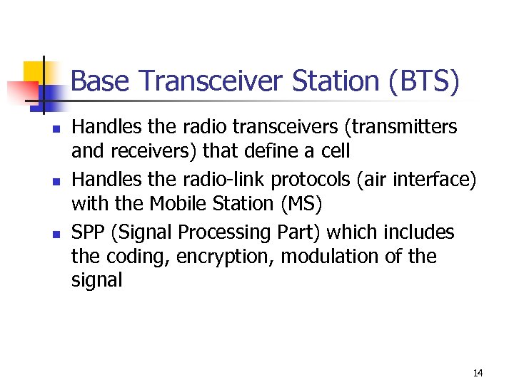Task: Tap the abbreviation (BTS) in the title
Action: [x=424, y=83]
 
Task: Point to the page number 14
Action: [x=478, y=373]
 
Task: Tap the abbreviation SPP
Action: [x=89, y=232]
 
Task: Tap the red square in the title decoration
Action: [x=21, y=91]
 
